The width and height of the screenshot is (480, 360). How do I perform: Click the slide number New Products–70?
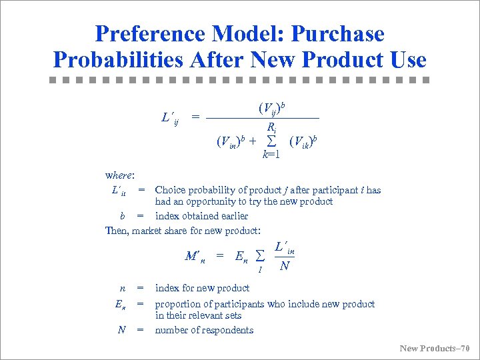click(x=435, y=348)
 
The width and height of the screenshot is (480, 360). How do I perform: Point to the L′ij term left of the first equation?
click(x=170, y=118)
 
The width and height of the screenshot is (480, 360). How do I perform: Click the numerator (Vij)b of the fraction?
click(x=272, y=107)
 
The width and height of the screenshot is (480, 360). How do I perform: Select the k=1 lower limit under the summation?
click(x=271, y=155)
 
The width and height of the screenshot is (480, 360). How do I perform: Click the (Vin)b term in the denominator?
click(x=231, y=141)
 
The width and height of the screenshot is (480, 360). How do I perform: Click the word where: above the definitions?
click(x=120, y=175)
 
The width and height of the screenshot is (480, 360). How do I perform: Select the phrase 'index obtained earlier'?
click(x=201, y=216)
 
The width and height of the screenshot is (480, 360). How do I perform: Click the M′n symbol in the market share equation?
click(x=194, y=255)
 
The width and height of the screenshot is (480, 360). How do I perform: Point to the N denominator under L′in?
click(x=285, y=265)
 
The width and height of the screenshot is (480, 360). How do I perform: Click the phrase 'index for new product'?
click(x=202, y=288)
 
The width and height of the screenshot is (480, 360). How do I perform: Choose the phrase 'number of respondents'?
click(x=204, y=330)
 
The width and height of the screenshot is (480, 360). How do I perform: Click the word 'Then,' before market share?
click(x=117, y=231)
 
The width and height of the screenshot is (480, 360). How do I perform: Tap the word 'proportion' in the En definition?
click(x=178, y=304)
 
